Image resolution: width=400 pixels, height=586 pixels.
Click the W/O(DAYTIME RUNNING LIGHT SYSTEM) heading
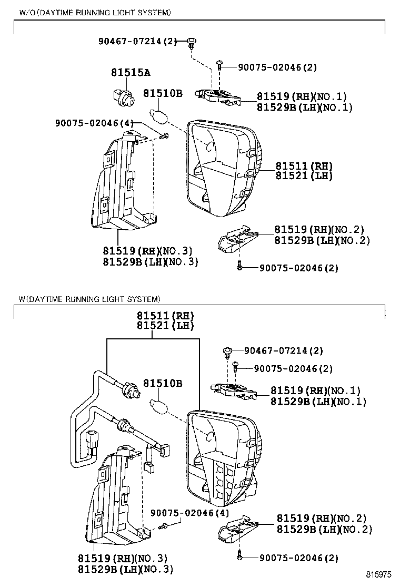(95, 12)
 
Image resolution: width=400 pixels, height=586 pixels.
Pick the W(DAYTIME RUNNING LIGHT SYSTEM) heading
(89, 299)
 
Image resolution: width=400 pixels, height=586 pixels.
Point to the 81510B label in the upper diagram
(163, 93)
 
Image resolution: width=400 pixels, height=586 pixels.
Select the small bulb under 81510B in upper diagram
(158, 113)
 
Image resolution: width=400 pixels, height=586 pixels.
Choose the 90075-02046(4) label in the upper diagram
(94, 123)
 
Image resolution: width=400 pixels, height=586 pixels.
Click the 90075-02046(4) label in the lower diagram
(189, 513)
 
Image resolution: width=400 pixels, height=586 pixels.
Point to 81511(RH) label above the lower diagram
(166, 316)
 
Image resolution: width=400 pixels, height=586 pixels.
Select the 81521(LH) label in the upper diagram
(304, 176)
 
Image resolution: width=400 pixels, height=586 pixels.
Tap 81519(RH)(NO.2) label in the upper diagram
(319, 229)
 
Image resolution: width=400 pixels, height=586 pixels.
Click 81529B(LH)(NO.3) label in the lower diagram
(125, 569)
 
